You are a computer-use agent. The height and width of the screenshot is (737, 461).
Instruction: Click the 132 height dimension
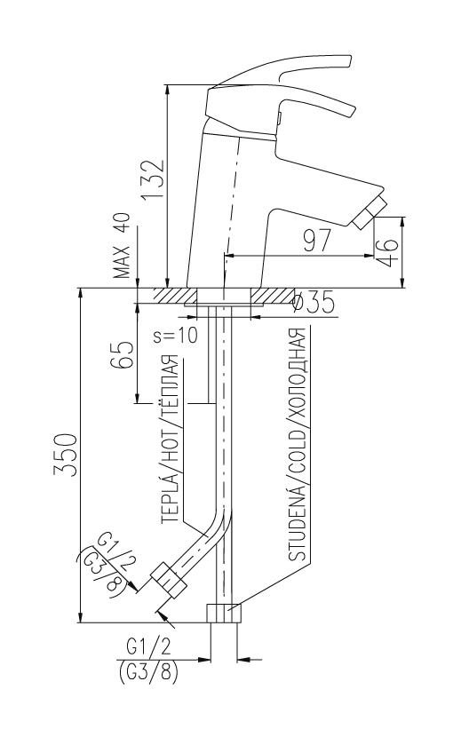(x=155, y=179)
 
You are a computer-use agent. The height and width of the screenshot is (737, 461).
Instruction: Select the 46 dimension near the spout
(x=388, y=252)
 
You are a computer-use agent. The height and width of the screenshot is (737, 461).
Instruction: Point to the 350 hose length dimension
(x=65, y=455)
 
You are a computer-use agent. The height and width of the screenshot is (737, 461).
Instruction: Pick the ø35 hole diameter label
(x=314, y=302)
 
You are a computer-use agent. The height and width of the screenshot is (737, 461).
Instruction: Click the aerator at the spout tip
(x=370, y=213)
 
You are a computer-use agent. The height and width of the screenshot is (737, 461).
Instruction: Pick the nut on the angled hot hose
(x=169, y=580)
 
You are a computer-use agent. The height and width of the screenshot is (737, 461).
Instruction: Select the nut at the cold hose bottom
(x=224, y=613)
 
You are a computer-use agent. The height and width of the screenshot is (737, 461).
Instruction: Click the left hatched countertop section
(x=174, y=296)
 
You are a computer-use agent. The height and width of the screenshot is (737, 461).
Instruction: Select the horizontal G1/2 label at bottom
(x=148, y=647)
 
